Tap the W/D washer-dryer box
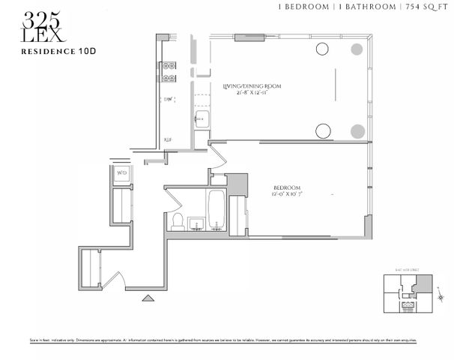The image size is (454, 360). coord(121,174)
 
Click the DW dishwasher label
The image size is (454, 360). coord(169,99)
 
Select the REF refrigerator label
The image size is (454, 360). coord(169,139)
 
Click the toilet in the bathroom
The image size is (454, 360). coord(178,220)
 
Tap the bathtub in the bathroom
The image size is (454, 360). coord(216,211)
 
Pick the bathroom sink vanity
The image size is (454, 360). coord(196,223)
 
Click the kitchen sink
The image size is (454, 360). coord(199,119)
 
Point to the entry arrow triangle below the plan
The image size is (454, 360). coord(148,298)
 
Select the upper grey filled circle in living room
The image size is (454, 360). coord(357,49)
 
